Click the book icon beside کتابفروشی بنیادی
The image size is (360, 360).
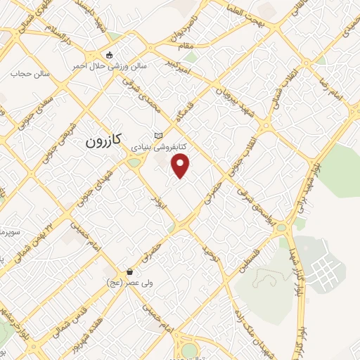click(x=158, y=135)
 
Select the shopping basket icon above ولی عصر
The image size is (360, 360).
click(x=129, y=271)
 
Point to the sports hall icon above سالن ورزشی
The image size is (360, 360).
click(x=108, y=55)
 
